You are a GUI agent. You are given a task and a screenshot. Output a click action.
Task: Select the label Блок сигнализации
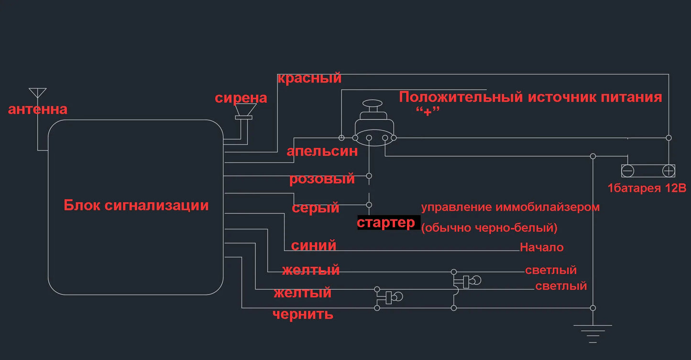136,206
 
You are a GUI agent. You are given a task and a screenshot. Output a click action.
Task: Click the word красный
309,78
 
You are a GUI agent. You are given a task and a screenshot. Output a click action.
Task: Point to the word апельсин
322,152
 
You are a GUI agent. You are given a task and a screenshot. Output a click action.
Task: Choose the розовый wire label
322,179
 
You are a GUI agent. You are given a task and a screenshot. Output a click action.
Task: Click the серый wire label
315,208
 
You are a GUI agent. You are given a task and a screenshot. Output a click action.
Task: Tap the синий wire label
313,246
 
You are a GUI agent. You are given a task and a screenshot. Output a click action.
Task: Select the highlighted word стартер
386,223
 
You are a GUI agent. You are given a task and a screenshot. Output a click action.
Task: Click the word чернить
303,315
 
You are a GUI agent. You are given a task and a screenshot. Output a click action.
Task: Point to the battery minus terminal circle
627,171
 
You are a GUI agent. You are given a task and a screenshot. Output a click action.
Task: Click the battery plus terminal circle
669,171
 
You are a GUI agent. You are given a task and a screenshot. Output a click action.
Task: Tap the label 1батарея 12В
647,188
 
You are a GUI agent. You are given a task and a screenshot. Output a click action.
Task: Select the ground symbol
592,334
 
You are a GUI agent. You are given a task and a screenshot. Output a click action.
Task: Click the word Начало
542,247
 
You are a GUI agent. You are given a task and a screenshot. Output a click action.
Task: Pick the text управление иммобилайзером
510,207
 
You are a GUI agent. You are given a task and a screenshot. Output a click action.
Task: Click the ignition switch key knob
373,104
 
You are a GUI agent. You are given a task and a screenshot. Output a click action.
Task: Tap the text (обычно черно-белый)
489,228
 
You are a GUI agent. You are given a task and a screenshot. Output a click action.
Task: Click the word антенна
38,109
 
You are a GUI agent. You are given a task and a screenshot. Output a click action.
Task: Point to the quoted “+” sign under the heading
428,111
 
